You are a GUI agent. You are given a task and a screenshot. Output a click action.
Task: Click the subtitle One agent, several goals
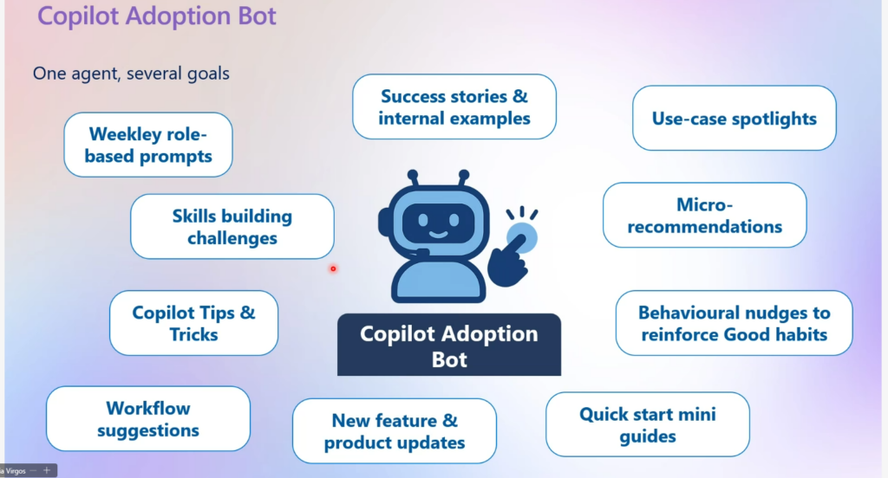click(131, 73)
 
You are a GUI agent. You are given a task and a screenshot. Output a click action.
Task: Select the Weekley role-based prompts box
click(148, 145)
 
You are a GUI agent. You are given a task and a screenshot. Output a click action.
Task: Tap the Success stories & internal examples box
click(454, 107)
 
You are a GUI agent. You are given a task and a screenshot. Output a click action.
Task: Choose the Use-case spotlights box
click(734, 119)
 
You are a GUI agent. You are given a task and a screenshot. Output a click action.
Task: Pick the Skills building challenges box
click(232, 226)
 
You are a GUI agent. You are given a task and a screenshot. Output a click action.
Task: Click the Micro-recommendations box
click(704, 216)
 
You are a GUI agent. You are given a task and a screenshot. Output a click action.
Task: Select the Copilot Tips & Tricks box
click(193, 323)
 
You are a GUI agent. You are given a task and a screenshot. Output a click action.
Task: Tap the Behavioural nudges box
click(734, 323)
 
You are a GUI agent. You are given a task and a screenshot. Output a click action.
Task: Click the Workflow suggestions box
click(147, 418)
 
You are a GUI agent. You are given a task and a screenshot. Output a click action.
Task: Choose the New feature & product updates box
click(394, 431)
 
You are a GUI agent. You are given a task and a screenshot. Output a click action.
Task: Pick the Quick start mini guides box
click(647, 424)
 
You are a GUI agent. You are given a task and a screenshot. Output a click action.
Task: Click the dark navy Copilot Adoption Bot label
click(448, 346)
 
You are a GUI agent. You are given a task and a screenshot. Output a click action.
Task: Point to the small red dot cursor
click(332, 268)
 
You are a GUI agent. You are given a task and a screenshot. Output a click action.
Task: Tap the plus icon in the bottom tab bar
click(47, 470)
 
